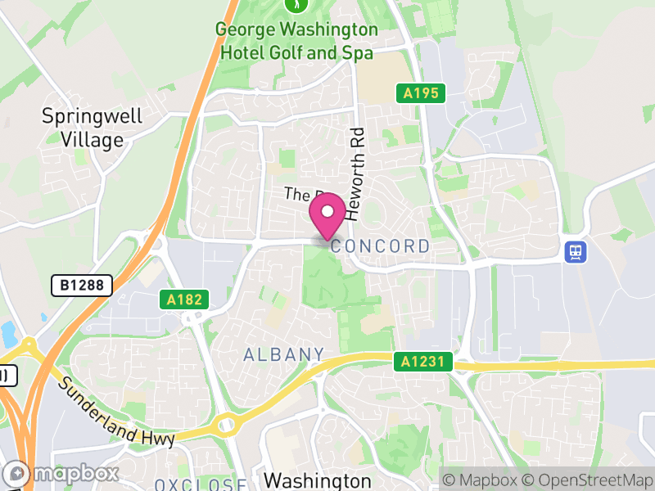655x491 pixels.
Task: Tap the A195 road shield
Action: pyautogui.click(x=422, y=93)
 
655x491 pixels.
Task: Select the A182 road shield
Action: pyautogui.click(x=183, y=300)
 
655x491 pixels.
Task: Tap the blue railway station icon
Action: pyautogui.click(x=576, y=251)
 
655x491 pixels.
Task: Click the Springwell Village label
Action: pyautogui.click(x=92, y=128)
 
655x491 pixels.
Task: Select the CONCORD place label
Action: pyautogui.click(x=381, y=246)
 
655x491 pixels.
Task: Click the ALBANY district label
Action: pyautogui.click(x=283, y=354)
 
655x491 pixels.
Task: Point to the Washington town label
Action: pyautogui.click(x=318, y=479)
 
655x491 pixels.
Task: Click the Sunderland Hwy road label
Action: pyautogui.click(x=115, y=412)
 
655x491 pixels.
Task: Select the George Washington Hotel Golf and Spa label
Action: pyautogui.click(x=296, y=41)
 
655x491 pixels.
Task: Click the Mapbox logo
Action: pyautogui.click(x=62, y=474)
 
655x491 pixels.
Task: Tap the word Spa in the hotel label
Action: pyautogui.click(x=357, y=52)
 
